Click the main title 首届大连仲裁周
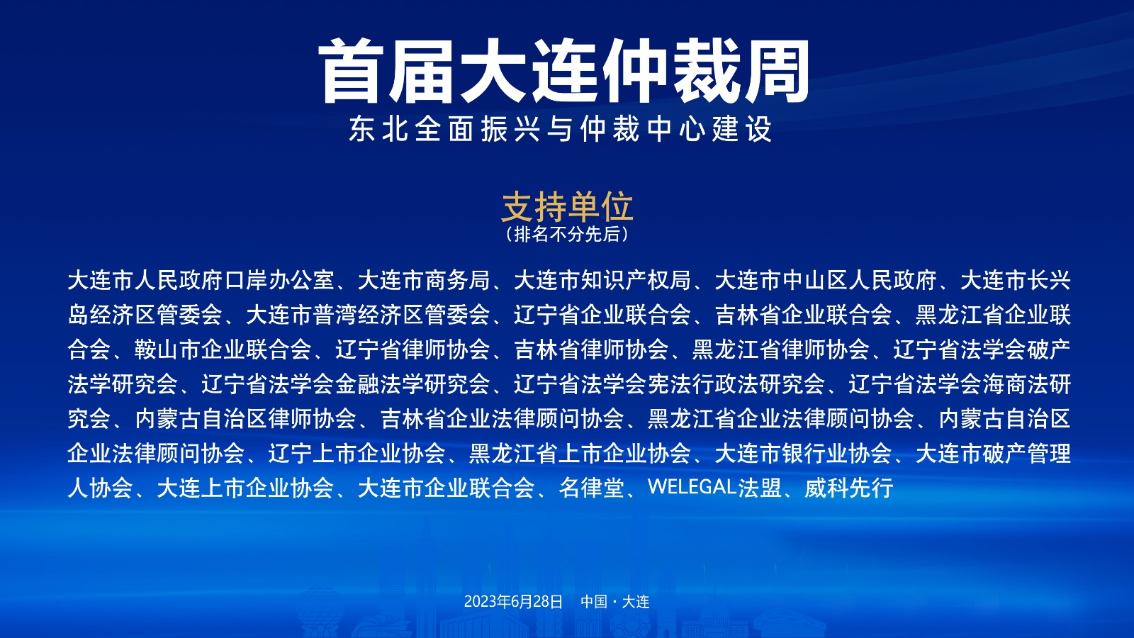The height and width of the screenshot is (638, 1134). [x=564, y=72]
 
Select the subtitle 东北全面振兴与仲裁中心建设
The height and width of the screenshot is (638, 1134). [x=561, y=128]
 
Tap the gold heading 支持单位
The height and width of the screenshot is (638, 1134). [x=567, y=206]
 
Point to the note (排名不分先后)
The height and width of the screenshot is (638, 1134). [x=567, y=234]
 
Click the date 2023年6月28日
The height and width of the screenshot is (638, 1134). [x=513, y=602]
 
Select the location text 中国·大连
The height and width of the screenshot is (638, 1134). [x=615, y=602]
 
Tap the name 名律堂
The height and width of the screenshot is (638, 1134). [x=591, y=488]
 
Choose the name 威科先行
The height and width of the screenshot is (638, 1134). [x=849, y=488]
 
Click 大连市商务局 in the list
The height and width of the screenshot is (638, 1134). [x=424, y=280]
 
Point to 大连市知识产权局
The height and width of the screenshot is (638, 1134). [x=602, y=280]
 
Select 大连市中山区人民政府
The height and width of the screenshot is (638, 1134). [x=825, y=280]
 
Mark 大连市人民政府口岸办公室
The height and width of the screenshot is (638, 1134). [x=201, y=280]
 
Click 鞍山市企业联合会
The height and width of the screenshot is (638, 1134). [x=223, y=349]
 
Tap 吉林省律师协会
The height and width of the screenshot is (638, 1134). [x=591, y=349]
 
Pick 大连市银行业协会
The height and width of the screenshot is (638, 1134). [x=803, y=453]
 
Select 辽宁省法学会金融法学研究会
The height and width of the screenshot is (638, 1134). [x=346, y=384]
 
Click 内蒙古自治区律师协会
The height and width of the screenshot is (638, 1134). [x=245, y=419]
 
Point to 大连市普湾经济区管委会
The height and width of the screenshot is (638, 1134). [x=368, y=315]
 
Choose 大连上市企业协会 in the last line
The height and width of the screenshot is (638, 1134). [x=245, y=488]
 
